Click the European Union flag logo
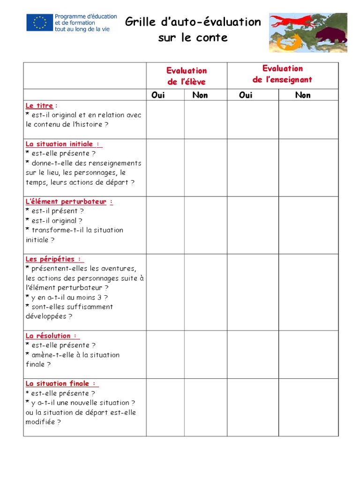point(39,22)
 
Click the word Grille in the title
point(139,22)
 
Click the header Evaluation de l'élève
point(187,76)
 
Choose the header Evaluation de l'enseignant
point(282,74)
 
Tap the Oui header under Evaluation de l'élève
point(158,95)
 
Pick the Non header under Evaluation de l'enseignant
point(303,95)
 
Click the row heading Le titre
point(39,106)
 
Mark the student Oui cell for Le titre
point(165,119)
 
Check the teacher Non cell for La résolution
point(308,354)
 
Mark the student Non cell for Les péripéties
point(206,292)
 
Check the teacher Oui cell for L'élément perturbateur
point(253,225)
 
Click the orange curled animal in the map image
point(283,43)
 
